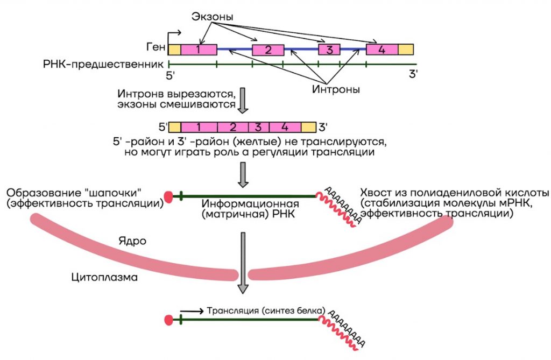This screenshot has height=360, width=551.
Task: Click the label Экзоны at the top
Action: pos(212,17)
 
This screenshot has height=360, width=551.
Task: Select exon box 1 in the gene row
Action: pos(199,50)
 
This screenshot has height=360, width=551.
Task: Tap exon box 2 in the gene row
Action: pos(268,50)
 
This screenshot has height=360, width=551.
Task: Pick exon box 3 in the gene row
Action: pos(329,50)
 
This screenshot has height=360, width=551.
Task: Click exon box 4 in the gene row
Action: pos(382,50)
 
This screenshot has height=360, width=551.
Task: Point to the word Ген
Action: pos(156,47)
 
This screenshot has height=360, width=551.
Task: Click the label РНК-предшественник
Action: pos(103,65)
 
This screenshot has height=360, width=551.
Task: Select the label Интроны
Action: pos(336,89)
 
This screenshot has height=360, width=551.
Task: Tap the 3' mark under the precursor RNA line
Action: pos(413,74)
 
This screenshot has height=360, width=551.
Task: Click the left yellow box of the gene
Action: pos(175,50)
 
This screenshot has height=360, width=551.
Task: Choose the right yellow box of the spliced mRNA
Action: pos(308,128)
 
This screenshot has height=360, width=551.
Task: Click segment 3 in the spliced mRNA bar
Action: pos(259,128)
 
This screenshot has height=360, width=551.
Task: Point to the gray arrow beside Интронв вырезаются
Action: pos(243,101)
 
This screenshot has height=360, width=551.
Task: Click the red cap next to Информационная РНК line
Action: pos(168,197)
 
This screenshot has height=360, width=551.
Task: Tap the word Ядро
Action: pos(132,241)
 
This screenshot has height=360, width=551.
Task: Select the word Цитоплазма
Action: pos(104,277)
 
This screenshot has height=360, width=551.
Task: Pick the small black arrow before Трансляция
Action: pos(192,311)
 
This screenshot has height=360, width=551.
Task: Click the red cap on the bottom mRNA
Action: pos(168,320)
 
